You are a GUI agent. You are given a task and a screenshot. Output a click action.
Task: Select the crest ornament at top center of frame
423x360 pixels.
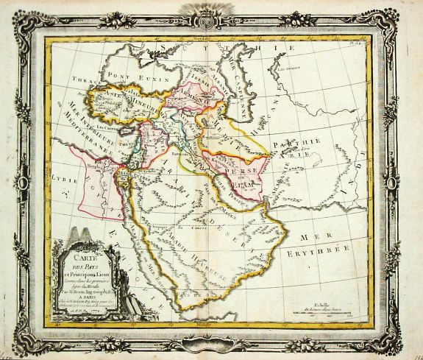click(x=214, y=13)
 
